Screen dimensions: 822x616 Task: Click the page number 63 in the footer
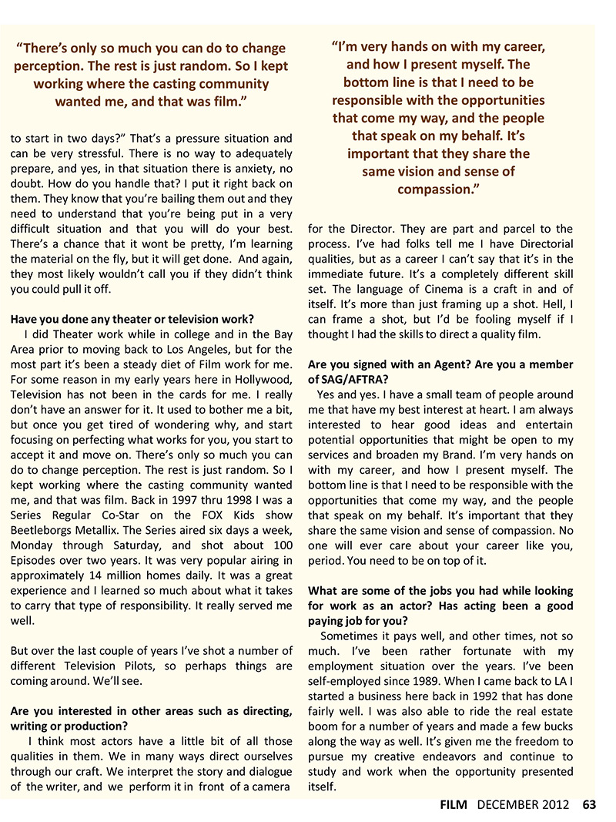tap(589, 805)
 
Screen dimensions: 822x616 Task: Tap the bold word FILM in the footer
tap(454, 805)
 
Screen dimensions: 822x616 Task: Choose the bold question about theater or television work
tap(132, 319)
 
